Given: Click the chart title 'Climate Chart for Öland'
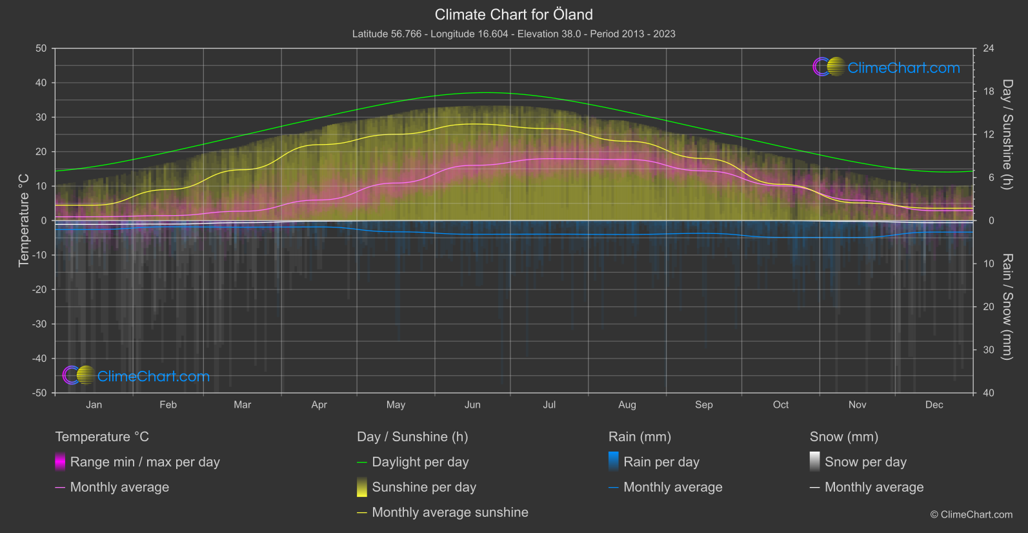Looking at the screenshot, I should pyautogui.click(x=514, y=14).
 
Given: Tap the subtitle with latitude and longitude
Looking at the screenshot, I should pyautogui.click(x=514, y=34).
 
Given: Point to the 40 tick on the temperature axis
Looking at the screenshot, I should pyautogui.click(x=41, y=83).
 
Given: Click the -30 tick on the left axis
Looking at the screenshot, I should pyautogui.click(x=40, y=324).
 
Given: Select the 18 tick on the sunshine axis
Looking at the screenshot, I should pyautogui.click(x=989, y=91).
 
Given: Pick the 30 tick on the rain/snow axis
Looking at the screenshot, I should pyautogui.click(x=989, y=350).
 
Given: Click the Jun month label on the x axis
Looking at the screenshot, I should pyautogui.click(x=472, y=404).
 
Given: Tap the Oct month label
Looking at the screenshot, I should pyautogui.click(x=781, y=404).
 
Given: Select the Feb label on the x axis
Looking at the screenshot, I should pyautogui.click(x=168, y=404).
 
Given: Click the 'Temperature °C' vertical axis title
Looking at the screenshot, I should pyautogui.click(x=24, y=220).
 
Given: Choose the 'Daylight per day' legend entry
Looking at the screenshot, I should pyautogui.click(x=420, y=462).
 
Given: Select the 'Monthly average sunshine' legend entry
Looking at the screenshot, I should pyautogui.click(x=450, y=512).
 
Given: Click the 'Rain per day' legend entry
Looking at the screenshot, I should pyautogui.click(x=661, y=462).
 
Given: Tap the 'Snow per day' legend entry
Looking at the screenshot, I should pyautogui.click(x=865, y=462).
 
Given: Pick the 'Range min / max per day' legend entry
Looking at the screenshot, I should pyautogui.click(x=145, y=462).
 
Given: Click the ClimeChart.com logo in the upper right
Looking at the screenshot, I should pyautogui.click(x=887, y=67).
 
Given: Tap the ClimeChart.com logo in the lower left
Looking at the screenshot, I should pyautogui.click(x=136, y=376).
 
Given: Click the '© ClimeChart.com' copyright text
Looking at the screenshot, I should pyautogui.click(x=971, y=514).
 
